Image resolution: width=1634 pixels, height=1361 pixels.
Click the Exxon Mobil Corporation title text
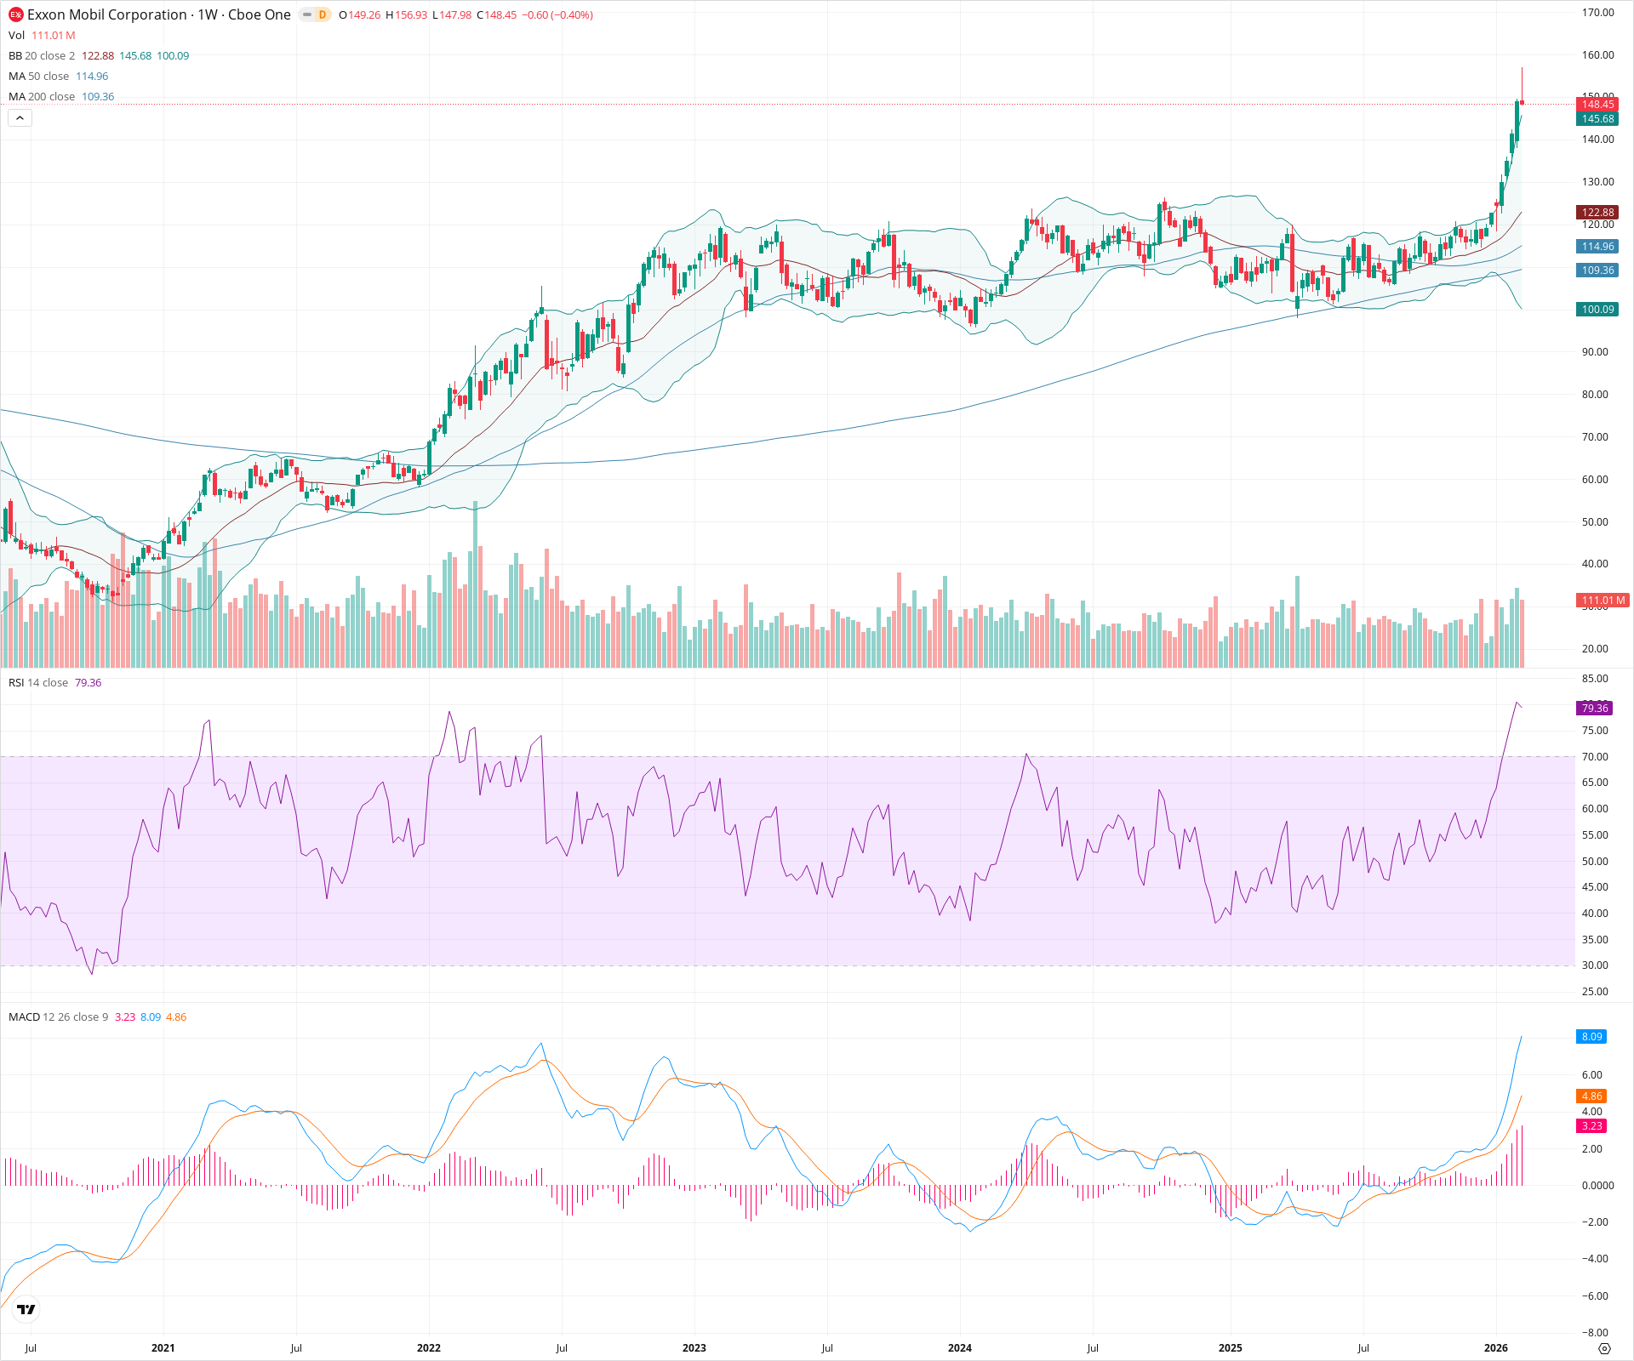point(106,14)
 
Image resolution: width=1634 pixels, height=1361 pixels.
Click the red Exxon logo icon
point(15,14)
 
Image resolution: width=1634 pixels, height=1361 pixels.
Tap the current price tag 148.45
point(1597,105)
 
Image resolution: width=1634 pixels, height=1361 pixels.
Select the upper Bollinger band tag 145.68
point(1597,119)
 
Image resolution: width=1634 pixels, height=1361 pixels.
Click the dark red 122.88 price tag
point(1597,213)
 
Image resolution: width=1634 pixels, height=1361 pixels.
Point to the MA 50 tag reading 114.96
point(1597,247)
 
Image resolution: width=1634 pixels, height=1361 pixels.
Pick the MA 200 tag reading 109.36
point(1597,270)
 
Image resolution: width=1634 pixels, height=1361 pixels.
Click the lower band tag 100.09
point(1597,310)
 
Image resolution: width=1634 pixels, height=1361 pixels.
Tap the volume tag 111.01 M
point(1603,601)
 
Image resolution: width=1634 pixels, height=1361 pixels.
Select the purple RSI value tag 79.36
point(1594,709)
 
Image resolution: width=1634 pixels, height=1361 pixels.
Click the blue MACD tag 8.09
point(1591,1037)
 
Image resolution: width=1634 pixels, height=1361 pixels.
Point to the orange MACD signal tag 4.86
point(1591,1096)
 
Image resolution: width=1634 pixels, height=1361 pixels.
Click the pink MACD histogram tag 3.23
point(1591,1126)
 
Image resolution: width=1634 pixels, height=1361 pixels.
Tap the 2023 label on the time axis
point(694,1348)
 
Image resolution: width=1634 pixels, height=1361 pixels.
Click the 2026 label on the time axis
point(1495,1348)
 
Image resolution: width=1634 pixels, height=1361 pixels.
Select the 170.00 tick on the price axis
point(1597,13)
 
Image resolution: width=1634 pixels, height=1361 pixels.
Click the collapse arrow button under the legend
point(20,118)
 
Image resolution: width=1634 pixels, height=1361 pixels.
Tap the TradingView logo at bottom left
point(26,1310)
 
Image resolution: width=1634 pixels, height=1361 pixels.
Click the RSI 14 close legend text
point(38,683)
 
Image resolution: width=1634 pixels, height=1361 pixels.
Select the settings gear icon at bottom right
point(1604,1349)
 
